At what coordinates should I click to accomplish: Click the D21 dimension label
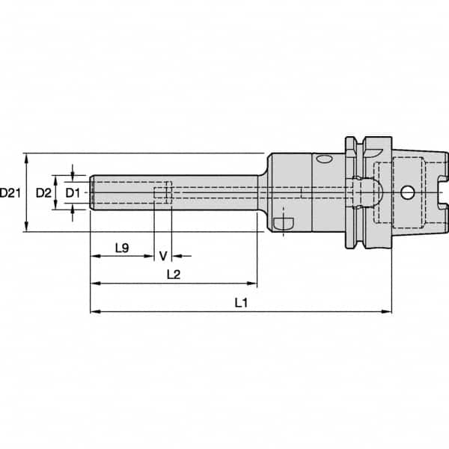pyautogui.click(x=10, y=193)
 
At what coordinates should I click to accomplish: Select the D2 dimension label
pyautogui.click(x=44, y=193)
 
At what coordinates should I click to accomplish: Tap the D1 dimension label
pyautogui.click(x=72, y=193)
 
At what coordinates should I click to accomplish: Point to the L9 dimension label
pyautogui.click(x=123, y=246)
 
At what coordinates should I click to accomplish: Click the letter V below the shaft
pyautogui.click(x=163, y=255)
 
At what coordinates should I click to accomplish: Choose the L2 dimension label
pyautogui.click(x=173, y=274)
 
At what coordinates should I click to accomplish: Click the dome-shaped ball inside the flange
pyautogui.click(x=371, y=193)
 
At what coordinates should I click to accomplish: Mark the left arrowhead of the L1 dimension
pyautogui.click(x=94, y=311)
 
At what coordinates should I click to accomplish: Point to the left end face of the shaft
pyautogui.click(x=91, y=193)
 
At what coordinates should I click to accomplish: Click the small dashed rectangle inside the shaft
pyautogui.click(x=159, y=194)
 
